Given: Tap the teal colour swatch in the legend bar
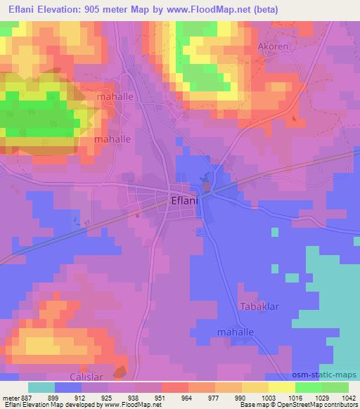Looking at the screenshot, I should (x=41, y=387).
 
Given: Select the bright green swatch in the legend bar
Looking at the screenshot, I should (x=309, y=387).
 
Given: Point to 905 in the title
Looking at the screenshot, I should (x=98, y=10).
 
